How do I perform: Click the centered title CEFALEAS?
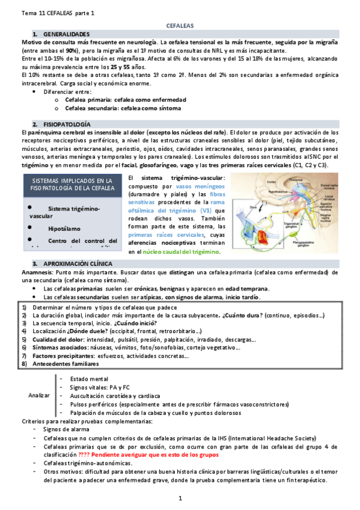pos(180,28)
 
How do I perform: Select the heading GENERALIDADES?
pos(67,35)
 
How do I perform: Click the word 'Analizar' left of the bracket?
pos(40,396)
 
